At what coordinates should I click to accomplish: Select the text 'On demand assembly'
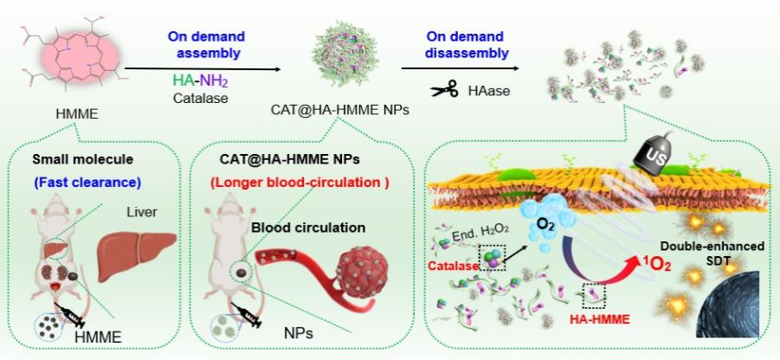click(x=206, y=44)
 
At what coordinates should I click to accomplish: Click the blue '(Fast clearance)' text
click(x=87, y=182)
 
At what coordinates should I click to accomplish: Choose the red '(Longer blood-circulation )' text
click(x=299, y=182)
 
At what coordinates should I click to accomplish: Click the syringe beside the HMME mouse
click(x=70, y=315)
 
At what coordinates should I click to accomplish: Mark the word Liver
click(x=143, y=213)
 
